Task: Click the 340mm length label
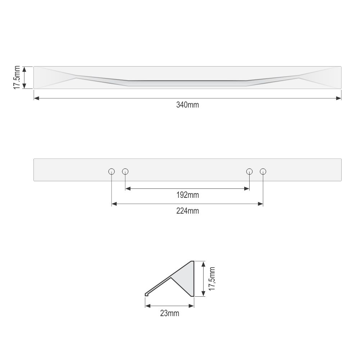(x=187, y=105)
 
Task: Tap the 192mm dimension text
(x=187, y=195)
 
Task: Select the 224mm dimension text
(x=187, y=211)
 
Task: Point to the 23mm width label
(x=169, y=313)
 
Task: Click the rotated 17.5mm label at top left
(x=17, y=77)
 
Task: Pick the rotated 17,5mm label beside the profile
(x=212, y=279)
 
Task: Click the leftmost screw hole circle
(x=111, y=172)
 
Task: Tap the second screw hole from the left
(x=125, y=172)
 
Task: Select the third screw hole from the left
(x=249, y=172)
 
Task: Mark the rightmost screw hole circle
(x=263, y=172)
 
